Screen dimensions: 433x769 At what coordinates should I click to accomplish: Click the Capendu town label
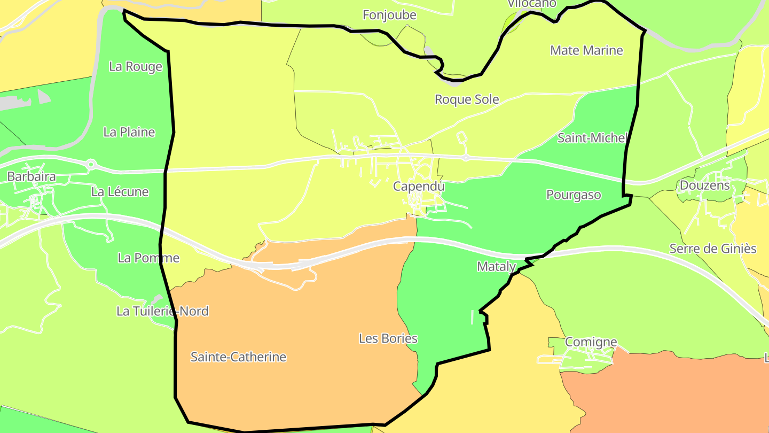click(419, 187)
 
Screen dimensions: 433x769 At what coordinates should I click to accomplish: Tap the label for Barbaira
click(31, 177)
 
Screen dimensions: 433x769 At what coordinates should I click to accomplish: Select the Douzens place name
click(704, 185)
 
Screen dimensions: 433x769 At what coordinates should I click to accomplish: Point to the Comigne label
click(591, 342)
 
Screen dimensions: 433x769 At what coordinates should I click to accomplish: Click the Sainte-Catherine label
click(238, 357)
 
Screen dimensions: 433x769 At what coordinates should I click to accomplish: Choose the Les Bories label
click(388, 338)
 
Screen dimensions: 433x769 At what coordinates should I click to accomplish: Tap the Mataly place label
click(496, 266)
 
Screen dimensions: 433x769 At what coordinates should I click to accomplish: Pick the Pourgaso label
click(574, 195)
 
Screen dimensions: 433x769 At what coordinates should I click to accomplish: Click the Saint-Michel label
click(592, 138)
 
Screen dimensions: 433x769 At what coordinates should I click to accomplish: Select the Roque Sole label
click(467, 99)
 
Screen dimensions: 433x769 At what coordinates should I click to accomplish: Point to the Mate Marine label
click(586, 50)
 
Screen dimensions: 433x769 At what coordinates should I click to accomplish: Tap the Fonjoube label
click(389, 15)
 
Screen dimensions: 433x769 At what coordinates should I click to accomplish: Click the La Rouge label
click(136, 67)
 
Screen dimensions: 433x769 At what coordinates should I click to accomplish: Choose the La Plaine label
click(129, 132)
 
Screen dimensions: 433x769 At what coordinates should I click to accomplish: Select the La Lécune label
click(120, 192)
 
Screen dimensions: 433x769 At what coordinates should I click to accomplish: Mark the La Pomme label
click(148, 258)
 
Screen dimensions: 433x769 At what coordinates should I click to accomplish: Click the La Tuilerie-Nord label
click(162, 311)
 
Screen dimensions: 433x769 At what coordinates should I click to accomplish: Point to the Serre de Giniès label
click(713, 249)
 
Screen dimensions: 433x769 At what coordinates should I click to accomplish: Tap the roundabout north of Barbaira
click(91, 164)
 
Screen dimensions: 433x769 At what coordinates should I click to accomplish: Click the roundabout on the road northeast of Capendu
click(466, 158)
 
